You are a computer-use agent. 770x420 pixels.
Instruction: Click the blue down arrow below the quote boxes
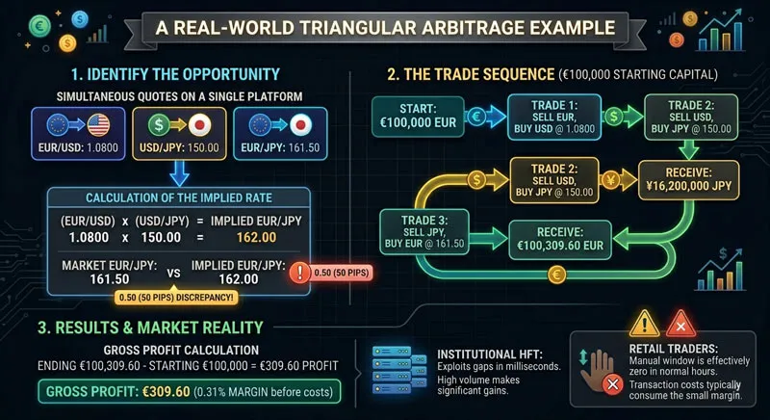pos(180,170)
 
